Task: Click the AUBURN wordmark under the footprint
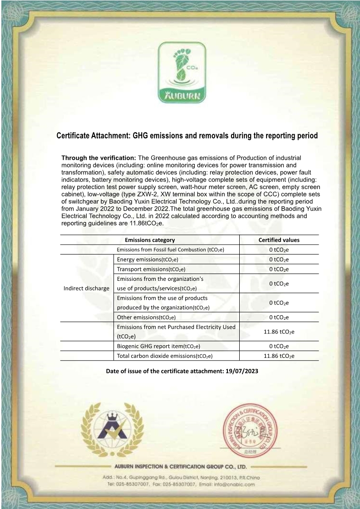coord(181,96)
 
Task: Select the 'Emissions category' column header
coord(150,240)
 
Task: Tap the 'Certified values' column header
coord(279,240)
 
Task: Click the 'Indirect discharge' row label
coord(86,288)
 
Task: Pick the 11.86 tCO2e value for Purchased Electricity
coord(279,332)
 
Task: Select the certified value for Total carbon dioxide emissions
coord(279,356)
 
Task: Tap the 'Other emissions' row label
coord(146,317)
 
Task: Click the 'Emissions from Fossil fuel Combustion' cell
coord(170,250)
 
